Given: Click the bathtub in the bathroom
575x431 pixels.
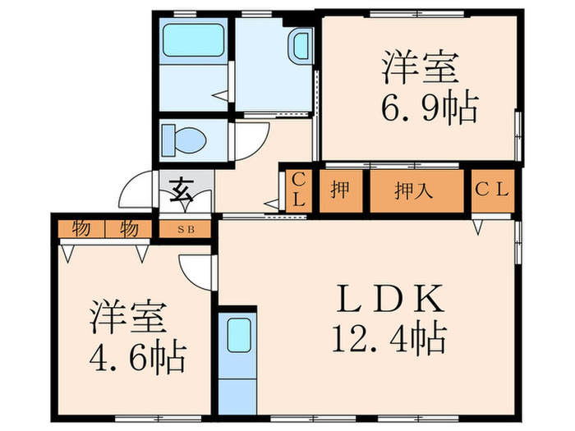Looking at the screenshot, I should [193, 41].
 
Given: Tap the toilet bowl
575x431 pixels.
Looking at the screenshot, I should [182, 139].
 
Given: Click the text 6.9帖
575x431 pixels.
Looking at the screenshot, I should [429, 108].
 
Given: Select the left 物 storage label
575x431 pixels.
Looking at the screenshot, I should [80, 228].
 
